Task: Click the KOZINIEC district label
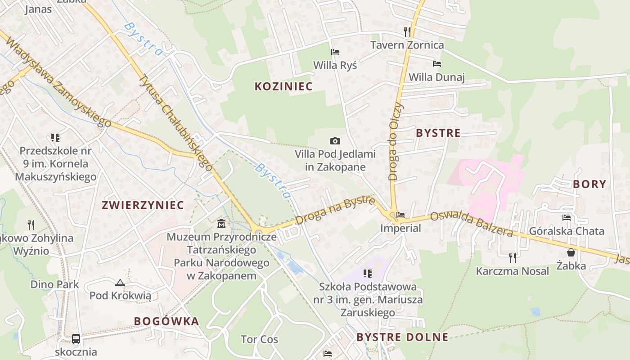click(x=283, y=86)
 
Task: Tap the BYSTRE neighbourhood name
click(x=438, y=133)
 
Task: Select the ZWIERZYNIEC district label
click(x=143, y=205)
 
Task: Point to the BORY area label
click(x=589, y=184)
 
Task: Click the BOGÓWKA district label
click(x=166, y=321)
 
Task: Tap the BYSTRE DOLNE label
click(x=402, y=337)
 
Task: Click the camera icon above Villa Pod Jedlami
click(x=335, y=141)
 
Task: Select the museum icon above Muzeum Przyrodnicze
click(x=221, y=223)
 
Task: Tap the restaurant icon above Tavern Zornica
click(x=407, y=31)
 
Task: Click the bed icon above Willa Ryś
click(x=335, y=52)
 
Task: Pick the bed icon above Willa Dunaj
click(x=436, y=64)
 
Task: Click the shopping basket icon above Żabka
click(x=571, y=252)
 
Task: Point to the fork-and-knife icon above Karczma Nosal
click(x=513, y=257)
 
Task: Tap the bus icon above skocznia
click(x=76, y=338)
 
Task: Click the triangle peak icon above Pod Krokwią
click(x=120, y=283)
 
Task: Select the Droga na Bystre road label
click(x=336, y=209)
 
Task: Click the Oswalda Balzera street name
click(x=471, y=224)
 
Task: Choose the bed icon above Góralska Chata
click(x=567, y=218)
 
